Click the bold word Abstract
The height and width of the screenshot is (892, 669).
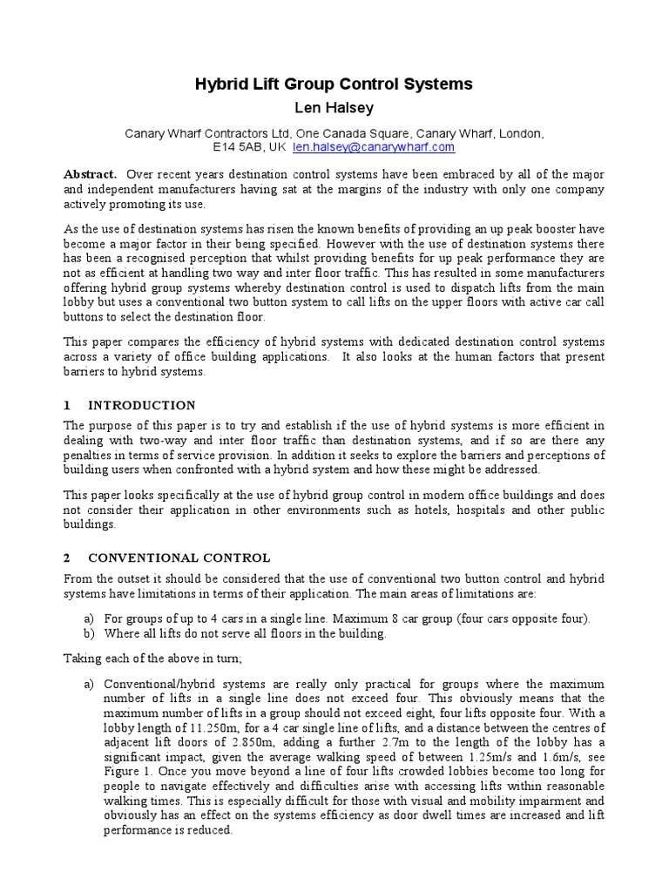point(90,174)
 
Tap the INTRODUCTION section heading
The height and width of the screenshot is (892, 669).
point(142,406)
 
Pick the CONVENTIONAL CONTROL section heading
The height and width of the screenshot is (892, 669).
point(179,557)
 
